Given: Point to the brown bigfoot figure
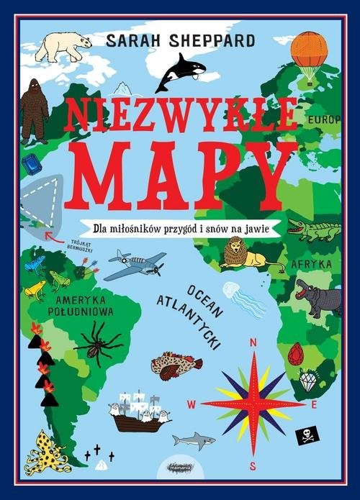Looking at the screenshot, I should (33, 110).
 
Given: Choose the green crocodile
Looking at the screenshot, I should (313, 229).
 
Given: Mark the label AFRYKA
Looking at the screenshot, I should (310, 264).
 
